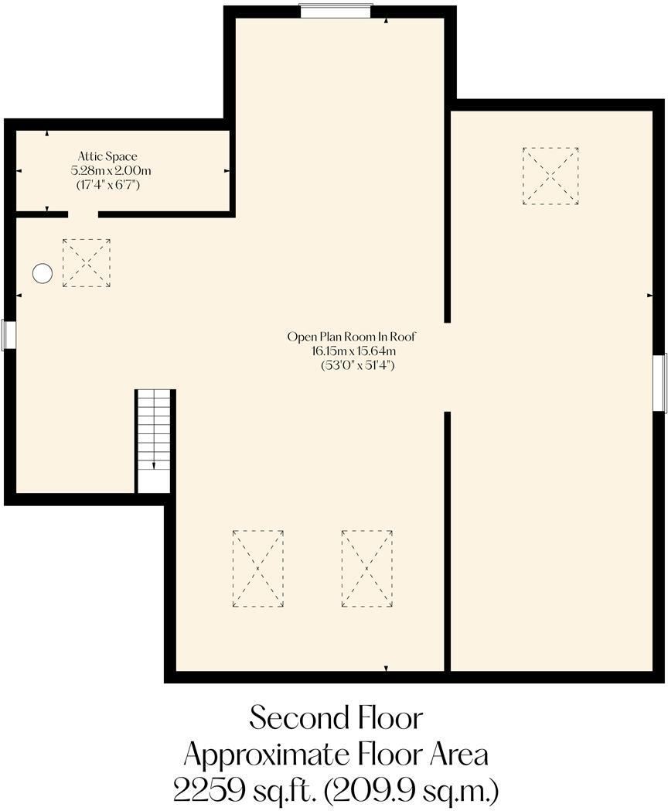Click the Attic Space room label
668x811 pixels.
107,156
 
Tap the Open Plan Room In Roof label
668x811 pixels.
353,337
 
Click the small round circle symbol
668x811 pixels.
42,273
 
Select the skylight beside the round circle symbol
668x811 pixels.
86,263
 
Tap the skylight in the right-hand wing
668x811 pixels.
550,176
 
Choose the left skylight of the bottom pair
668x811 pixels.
257,569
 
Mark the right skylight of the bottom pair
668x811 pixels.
366,569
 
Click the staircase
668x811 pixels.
154,440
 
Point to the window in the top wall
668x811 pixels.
336,11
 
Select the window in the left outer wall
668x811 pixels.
9,335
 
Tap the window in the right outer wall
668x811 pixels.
659,383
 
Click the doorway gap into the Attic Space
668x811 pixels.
83,214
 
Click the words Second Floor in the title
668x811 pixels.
336,718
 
